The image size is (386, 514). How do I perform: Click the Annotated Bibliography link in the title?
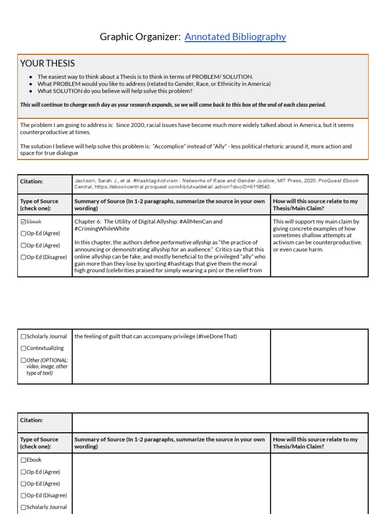point(235,37)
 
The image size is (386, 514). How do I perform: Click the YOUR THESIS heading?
point(47,63)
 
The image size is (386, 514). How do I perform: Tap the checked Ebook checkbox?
point(23,221)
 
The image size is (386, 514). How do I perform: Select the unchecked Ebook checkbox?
point(23,460)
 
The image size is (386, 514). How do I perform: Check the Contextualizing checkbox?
point(23,348)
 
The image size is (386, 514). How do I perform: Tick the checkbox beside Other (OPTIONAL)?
point(23,360)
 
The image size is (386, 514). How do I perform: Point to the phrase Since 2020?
point(130,124)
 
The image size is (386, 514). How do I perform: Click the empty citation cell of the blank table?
point(220,423)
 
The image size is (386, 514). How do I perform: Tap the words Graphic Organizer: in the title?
point(140,37)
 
